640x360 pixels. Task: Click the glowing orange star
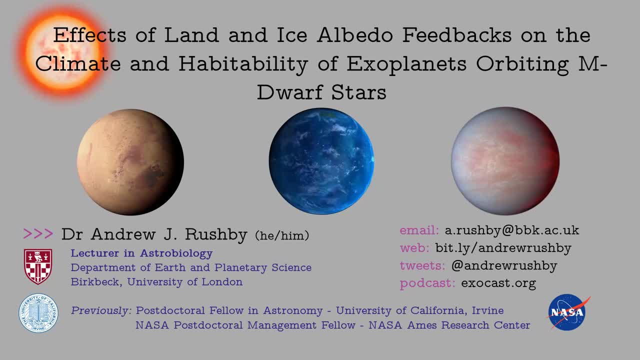click(x=62, y=53)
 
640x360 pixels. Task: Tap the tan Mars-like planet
click(x=130, y=162)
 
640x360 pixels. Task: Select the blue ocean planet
click(x=321, y=161)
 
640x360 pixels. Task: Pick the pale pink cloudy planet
click(x=505, y=161)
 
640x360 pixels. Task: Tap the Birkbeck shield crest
click(x=38, y=266)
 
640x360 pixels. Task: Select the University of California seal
click(x=38, y=313)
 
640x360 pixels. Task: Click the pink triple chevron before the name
click(x=38, y=233)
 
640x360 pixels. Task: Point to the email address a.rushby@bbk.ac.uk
click(x=512, y=230)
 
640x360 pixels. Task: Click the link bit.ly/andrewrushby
click(x=503, y=248)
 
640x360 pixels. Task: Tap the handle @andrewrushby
click(x=504, y=265)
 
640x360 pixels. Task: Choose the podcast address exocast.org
click(x=498, y=283)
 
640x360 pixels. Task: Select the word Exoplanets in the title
click(x=406, y=64)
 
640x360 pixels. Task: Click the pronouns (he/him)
click(x=282, y=235)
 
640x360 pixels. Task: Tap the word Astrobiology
click(x=176, y=253)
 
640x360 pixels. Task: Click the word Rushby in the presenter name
click(x=216, y=234)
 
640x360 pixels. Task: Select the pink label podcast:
click(x=427, y=283)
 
